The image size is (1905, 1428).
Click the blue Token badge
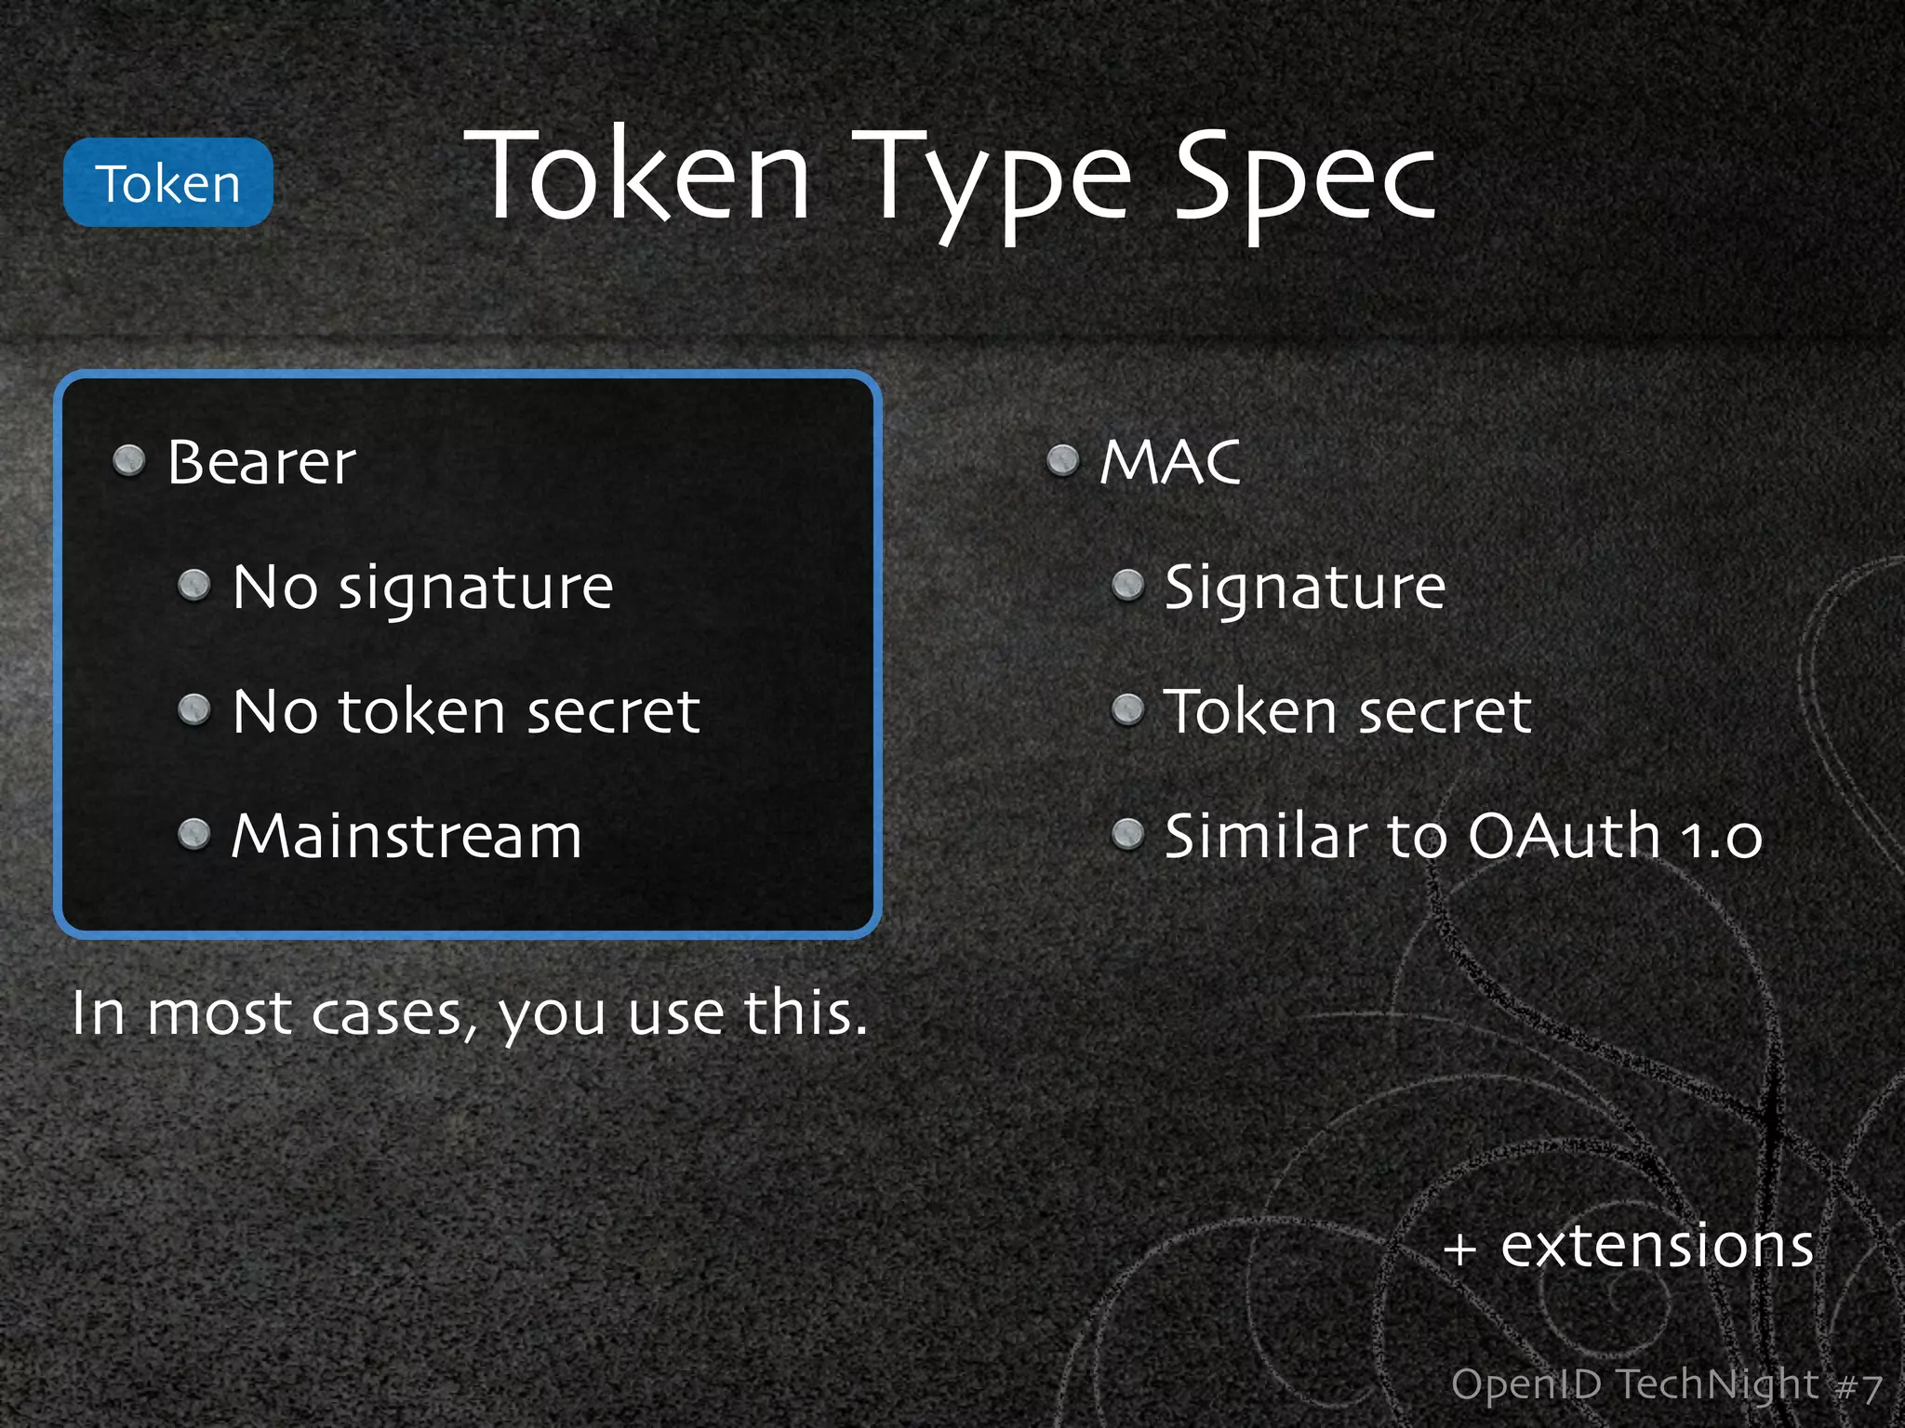pyautogui.click(x=167, y=183)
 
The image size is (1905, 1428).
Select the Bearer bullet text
pyautogui.click(x=261, y=462)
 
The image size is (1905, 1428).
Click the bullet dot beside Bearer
pyautogui.click(x=129, y=460)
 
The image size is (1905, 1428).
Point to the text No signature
pyautogui.click(x=422, y=588)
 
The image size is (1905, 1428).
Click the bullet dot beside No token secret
pyautogui.click(x=194, y=710)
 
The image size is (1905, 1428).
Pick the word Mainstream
pyautogui.click(x=406, y=836)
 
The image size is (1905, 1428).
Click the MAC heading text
pyautogui.click(x=1170, y=462)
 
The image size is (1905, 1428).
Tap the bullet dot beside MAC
pyautogui.click(x=1062, y=460)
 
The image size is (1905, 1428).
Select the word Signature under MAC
pyautogui.click(x=1305, y=588)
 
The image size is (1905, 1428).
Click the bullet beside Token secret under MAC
pyautogui.click(x=1128, y=710)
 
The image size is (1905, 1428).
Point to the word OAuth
pyautogui.click(x=1564, y=836)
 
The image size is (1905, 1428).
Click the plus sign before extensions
pyautogui.click(x=1460, y=1249)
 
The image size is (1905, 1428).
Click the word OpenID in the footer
pyautogui.click(x=1525, y=1384)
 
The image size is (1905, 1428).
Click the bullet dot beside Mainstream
pyautogui.click(x=194, y=834)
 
